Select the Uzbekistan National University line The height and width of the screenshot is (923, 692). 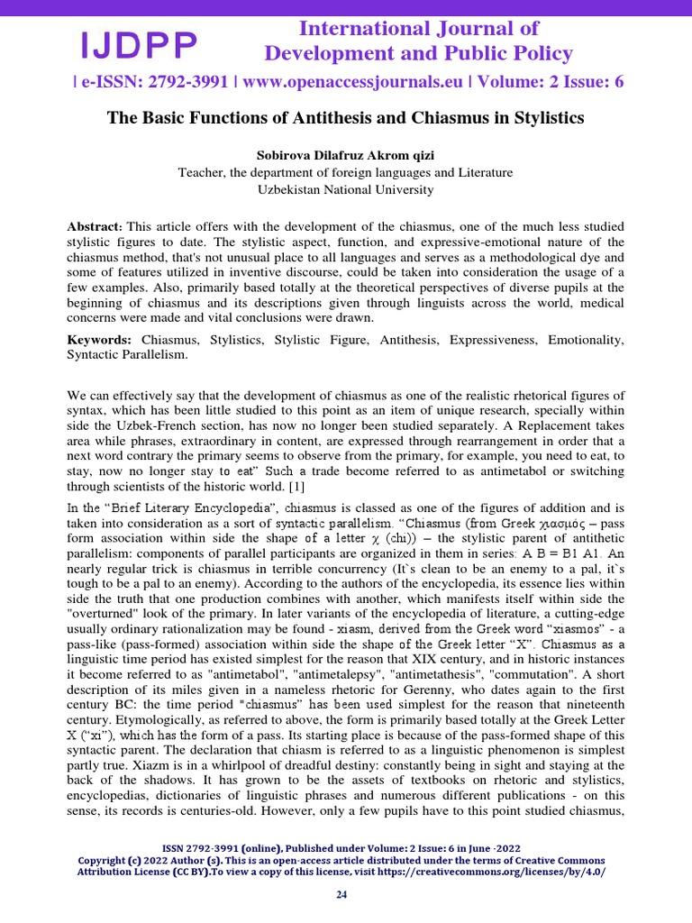pyautogui.click(x=345, y=189)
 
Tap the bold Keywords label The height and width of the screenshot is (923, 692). pyautogui.click(x=99, y=340)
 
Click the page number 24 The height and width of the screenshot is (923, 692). pyautogui.click(x=341, y=894)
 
